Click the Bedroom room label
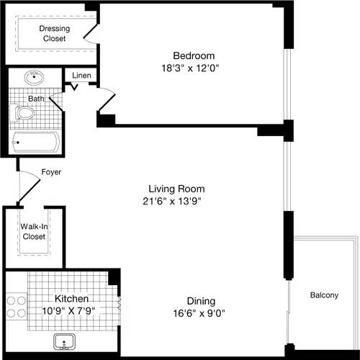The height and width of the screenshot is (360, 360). coord(193,55)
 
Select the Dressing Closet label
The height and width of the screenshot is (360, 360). coord(53,33)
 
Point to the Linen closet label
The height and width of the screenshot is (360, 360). coord(81,76)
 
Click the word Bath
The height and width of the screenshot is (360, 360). coord(36,98)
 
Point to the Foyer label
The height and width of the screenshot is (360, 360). coord(51,172)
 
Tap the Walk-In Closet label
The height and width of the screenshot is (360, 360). coord(33,231)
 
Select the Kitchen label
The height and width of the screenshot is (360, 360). coord(72,298)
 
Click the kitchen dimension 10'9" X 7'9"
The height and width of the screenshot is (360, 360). coord(70,310)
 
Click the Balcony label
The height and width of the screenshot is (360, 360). coord(324,295)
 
